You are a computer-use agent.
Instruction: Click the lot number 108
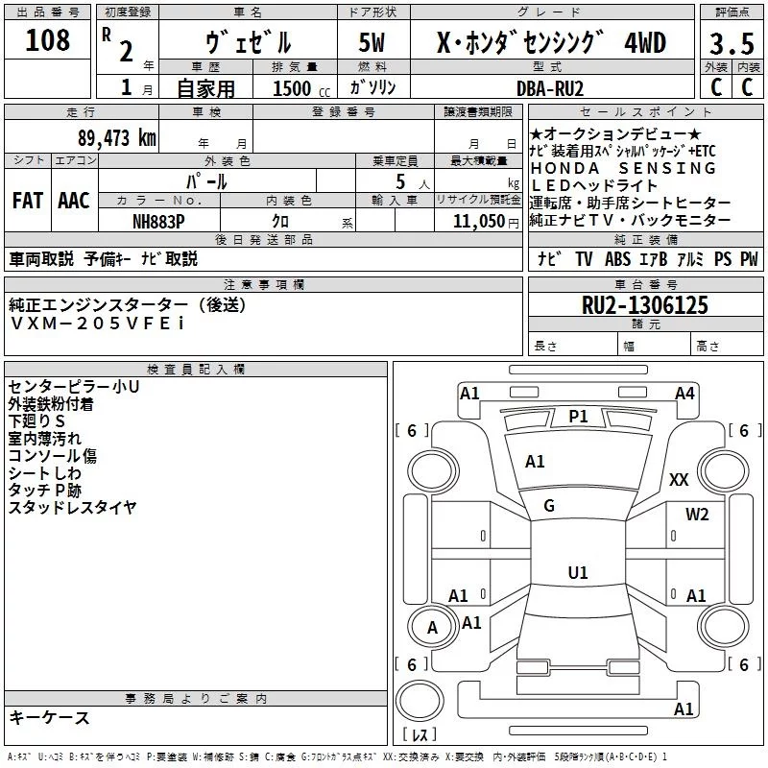[47, 40]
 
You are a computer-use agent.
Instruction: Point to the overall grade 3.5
[729, 43]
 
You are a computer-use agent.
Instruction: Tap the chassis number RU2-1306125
[645, 305]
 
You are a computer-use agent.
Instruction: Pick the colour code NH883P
[159, 221]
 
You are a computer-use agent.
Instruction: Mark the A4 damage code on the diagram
[684, 393]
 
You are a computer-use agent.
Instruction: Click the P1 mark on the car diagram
[578, 416]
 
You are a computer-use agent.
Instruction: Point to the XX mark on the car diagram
[679, 479]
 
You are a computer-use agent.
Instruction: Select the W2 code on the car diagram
[697, 515]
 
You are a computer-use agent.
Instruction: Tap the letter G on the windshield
[549, 506]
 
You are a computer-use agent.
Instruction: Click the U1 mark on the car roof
[577, 572]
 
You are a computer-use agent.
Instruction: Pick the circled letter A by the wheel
[432, 628]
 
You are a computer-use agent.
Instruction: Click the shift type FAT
[27, 201]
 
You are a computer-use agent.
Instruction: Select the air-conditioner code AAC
[73, 201]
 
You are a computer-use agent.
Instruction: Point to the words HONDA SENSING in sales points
[623, 168]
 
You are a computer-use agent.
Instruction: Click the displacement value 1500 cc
[298, 88]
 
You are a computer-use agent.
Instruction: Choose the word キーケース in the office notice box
[49, 718]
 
